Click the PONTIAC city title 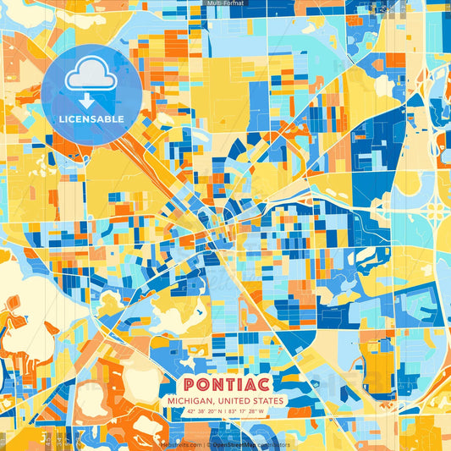[225, 382]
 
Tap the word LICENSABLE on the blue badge [91, 118]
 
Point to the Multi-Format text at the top [225, 3]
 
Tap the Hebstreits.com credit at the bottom [181, 443]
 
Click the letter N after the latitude [217, 412]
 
